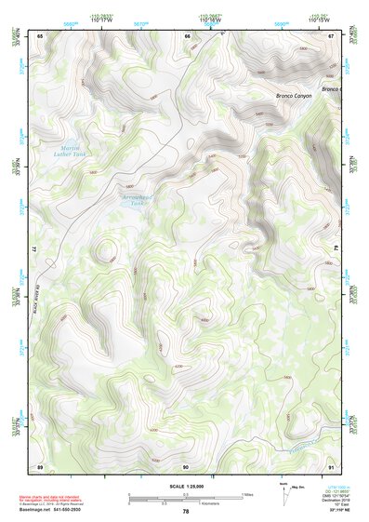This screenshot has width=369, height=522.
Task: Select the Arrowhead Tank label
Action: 136,198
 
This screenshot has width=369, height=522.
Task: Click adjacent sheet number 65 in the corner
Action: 39,35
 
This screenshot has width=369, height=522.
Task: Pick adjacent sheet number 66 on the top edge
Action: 187,36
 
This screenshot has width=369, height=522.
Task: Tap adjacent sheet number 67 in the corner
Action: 331,35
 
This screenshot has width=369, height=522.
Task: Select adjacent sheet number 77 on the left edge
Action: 35,249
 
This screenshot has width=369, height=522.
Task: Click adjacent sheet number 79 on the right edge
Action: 335,249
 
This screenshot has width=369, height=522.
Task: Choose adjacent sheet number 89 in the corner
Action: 39,464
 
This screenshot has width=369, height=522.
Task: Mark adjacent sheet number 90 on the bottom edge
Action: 186,464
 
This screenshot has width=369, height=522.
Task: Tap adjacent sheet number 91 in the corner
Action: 331,464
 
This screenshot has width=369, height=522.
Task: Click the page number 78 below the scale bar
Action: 186,511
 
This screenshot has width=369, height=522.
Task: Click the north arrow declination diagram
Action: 283,498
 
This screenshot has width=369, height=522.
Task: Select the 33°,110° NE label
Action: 336,512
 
